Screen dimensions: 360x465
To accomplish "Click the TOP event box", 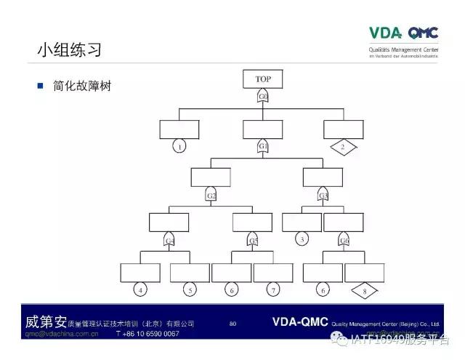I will tap(262, 79).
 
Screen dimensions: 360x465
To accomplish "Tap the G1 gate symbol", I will tap(263, 146).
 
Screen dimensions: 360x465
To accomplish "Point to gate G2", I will tap(211, 195).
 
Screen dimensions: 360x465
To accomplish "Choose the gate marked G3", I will tap(323, 195).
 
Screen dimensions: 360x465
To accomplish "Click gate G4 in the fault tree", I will tap(169, 240).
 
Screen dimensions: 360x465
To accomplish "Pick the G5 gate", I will tap(253, 240).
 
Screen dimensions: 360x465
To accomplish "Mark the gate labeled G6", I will tap(344, 240).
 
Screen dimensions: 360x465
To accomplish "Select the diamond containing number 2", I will tap(343, 147).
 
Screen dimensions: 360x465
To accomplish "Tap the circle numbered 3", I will tap(302, 239).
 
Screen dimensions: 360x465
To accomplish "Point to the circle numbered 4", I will tap(140, 290).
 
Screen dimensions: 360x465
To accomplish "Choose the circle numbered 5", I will tap(190, 290).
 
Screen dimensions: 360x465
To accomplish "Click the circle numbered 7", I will tap(273, 290).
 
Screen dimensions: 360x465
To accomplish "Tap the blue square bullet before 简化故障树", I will tap(41, 86).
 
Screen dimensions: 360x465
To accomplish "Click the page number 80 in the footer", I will tap(232, 323).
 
